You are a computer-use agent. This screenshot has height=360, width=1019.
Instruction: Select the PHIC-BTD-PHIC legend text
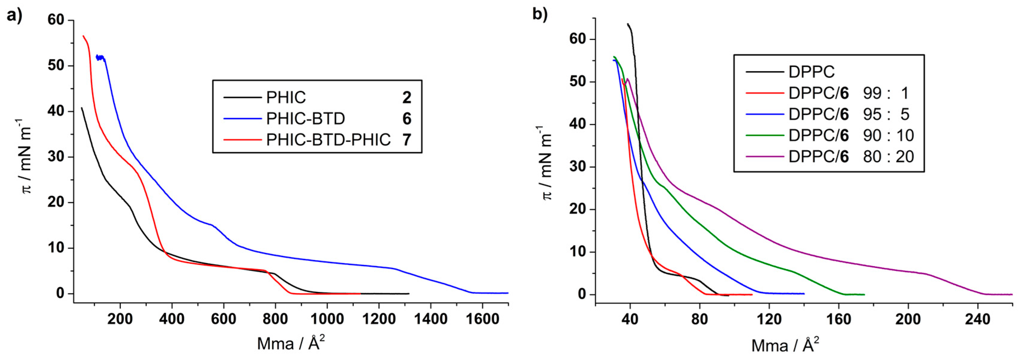tap(328, 140)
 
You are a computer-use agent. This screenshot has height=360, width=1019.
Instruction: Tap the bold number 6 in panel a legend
tap(407, 119)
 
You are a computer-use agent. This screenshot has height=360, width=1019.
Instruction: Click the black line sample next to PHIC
tap(242, 97)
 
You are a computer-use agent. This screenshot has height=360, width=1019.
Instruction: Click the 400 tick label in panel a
tap(172, 319)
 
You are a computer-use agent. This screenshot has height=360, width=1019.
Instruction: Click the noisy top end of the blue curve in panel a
tap(100, 58)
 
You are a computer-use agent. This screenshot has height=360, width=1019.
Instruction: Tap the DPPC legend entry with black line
tap(811, 72)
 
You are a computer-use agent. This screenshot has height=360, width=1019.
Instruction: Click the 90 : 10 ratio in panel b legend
tap(888, 136)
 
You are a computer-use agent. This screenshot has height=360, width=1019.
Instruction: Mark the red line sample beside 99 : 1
tap(764, 93)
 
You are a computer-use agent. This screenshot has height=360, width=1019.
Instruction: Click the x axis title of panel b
tap(785, 345)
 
